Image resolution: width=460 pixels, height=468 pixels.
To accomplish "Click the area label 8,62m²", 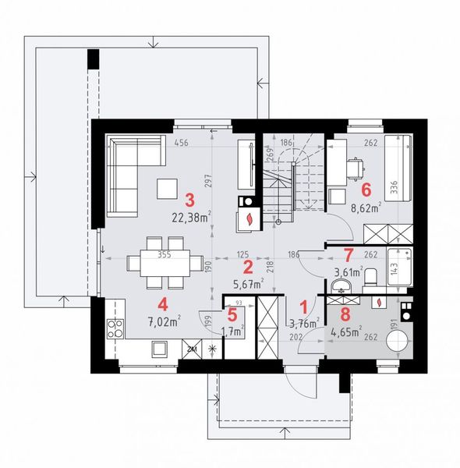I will click(365, 207).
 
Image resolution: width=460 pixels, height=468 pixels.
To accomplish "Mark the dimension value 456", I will click(181, 143).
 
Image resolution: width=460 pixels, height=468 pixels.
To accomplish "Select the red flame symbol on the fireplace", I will click(249, 219).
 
